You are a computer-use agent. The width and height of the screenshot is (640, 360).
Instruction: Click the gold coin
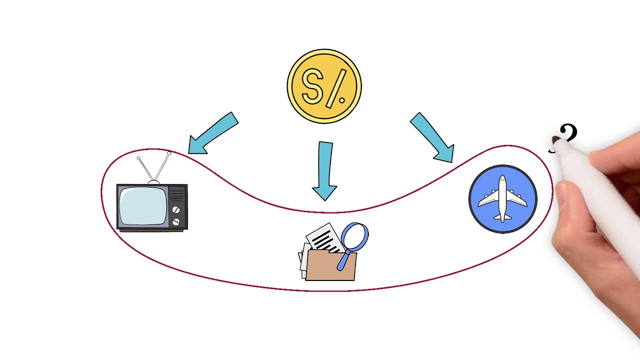click(x=324, y=86)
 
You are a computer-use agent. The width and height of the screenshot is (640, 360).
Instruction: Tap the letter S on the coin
click(x=312, y=86)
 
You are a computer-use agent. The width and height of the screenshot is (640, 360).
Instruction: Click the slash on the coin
click(x=337, y=88)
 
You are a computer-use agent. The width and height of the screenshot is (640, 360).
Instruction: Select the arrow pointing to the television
click(x=213, y=133)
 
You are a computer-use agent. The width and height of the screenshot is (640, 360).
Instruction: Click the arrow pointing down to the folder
click(x=325, y=171)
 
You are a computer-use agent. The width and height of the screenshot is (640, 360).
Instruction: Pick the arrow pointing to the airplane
click(x=433, y=137)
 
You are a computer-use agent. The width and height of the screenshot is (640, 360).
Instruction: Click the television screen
click(x=143, y=205)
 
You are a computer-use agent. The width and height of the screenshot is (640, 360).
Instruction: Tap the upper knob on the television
click(x=176, y=210)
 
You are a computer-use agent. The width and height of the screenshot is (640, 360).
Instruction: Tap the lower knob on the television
click(x=176, y=221)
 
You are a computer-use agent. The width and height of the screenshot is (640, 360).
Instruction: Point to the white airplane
click(x=502, y=198)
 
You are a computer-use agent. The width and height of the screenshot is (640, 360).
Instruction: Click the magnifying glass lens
click(x=354, y=236)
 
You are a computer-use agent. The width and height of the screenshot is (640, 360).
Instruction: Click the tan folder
click(x=331, y=265)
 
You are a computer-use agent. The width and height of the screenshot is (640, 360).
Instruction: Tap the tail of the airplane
click(x=502, y=217)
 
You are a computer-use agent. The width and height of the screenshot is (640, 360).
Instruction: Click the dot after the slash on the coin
click(x=341, y=100)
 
